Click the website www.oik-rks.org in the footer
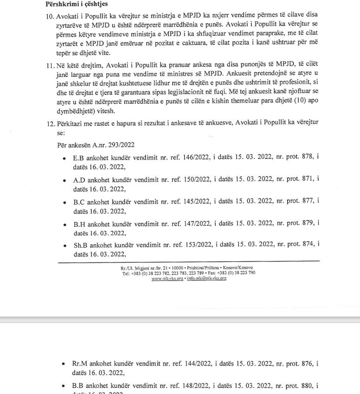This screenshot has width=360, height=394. tap(167, 278)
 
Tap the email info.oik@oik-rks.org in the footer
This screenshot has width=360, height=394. tap(206, 278)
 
